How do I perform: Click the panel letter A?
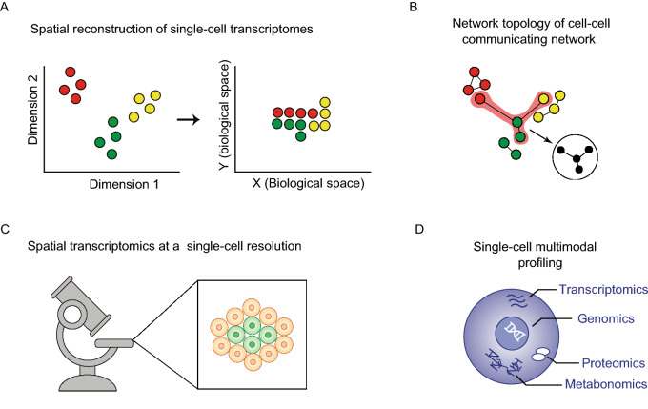coord(6,8)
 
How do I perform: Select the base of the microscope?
coord(87,382)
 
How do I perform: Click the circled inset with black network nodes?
coord(578,165)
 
